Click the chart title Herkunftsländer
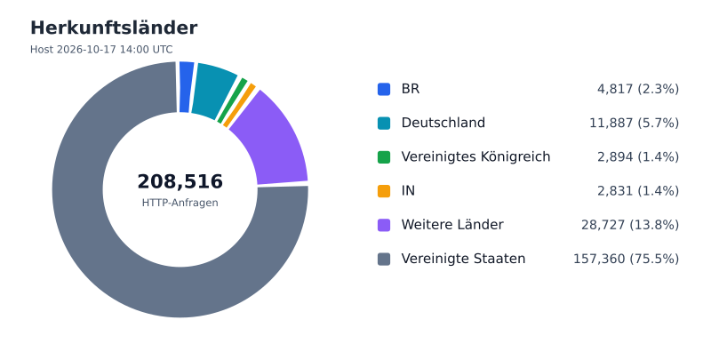click(x=114, y=28)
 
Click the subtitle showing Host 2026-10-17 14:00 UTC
click(x=101, y=50)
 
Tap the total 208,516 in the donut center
click(x=180, y=181)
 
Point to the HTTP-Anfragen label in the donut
click(x=180, y=203)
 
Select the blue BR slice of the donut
click(x=186, y=87)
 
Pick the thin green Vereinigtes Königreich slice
click(x=233, y=100)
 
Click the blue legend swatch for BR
click(x=384, y=89)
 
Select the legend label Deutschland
click(x=443, y=123)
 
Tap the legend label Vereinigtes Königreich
click(x=475, y=156)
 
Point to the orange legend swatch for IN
click(x=384, y=191)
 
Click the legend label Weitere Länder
click(x=452, y=225)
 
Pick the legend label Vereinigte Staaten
click(x=463, y=259)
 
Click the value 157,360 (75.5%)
click(x=627, y=259)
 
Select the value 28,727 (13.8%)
click(x=630, y=225)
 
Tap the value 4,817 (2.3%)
click(x=638, y=89)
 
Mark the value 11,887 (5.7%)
click(x=635, y=123)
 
